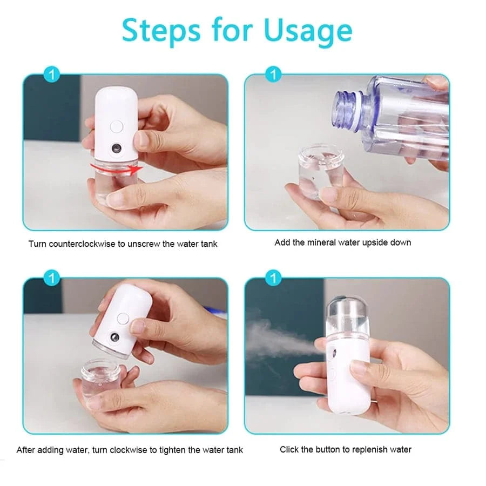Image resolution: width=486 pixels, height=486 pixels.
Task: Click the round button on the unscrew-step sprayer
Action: [116, 127]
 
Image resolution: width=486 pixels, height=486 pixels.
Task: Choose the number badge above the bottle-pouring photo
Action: [274, 75]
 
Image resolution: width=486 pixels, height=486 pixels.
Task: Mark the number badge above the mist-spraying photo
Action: [274, 279]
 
